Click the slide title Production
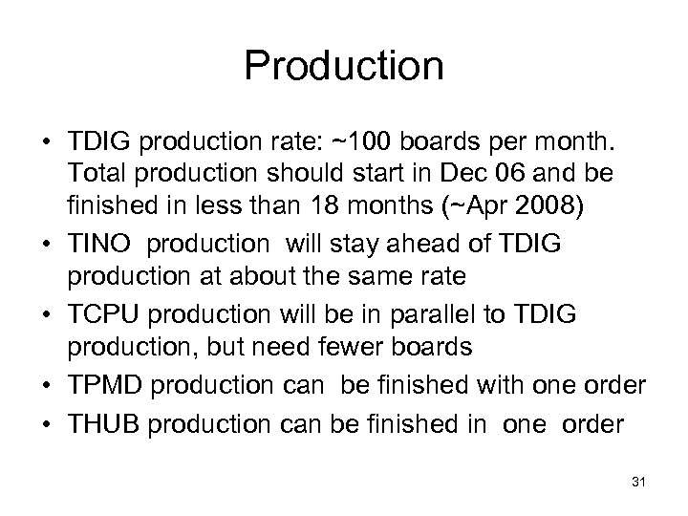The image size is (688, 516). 344,66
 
